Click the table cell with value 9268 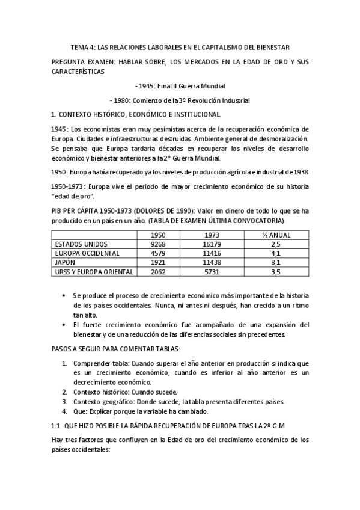pos(158,245)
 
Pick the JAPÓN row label pos(66,263)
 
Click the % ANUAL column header pos(276,235)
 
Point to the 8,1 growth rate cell pos(276,263)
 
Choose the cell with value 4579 pos(158,254)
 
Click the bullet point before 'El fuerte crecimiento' pos(64,325)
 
